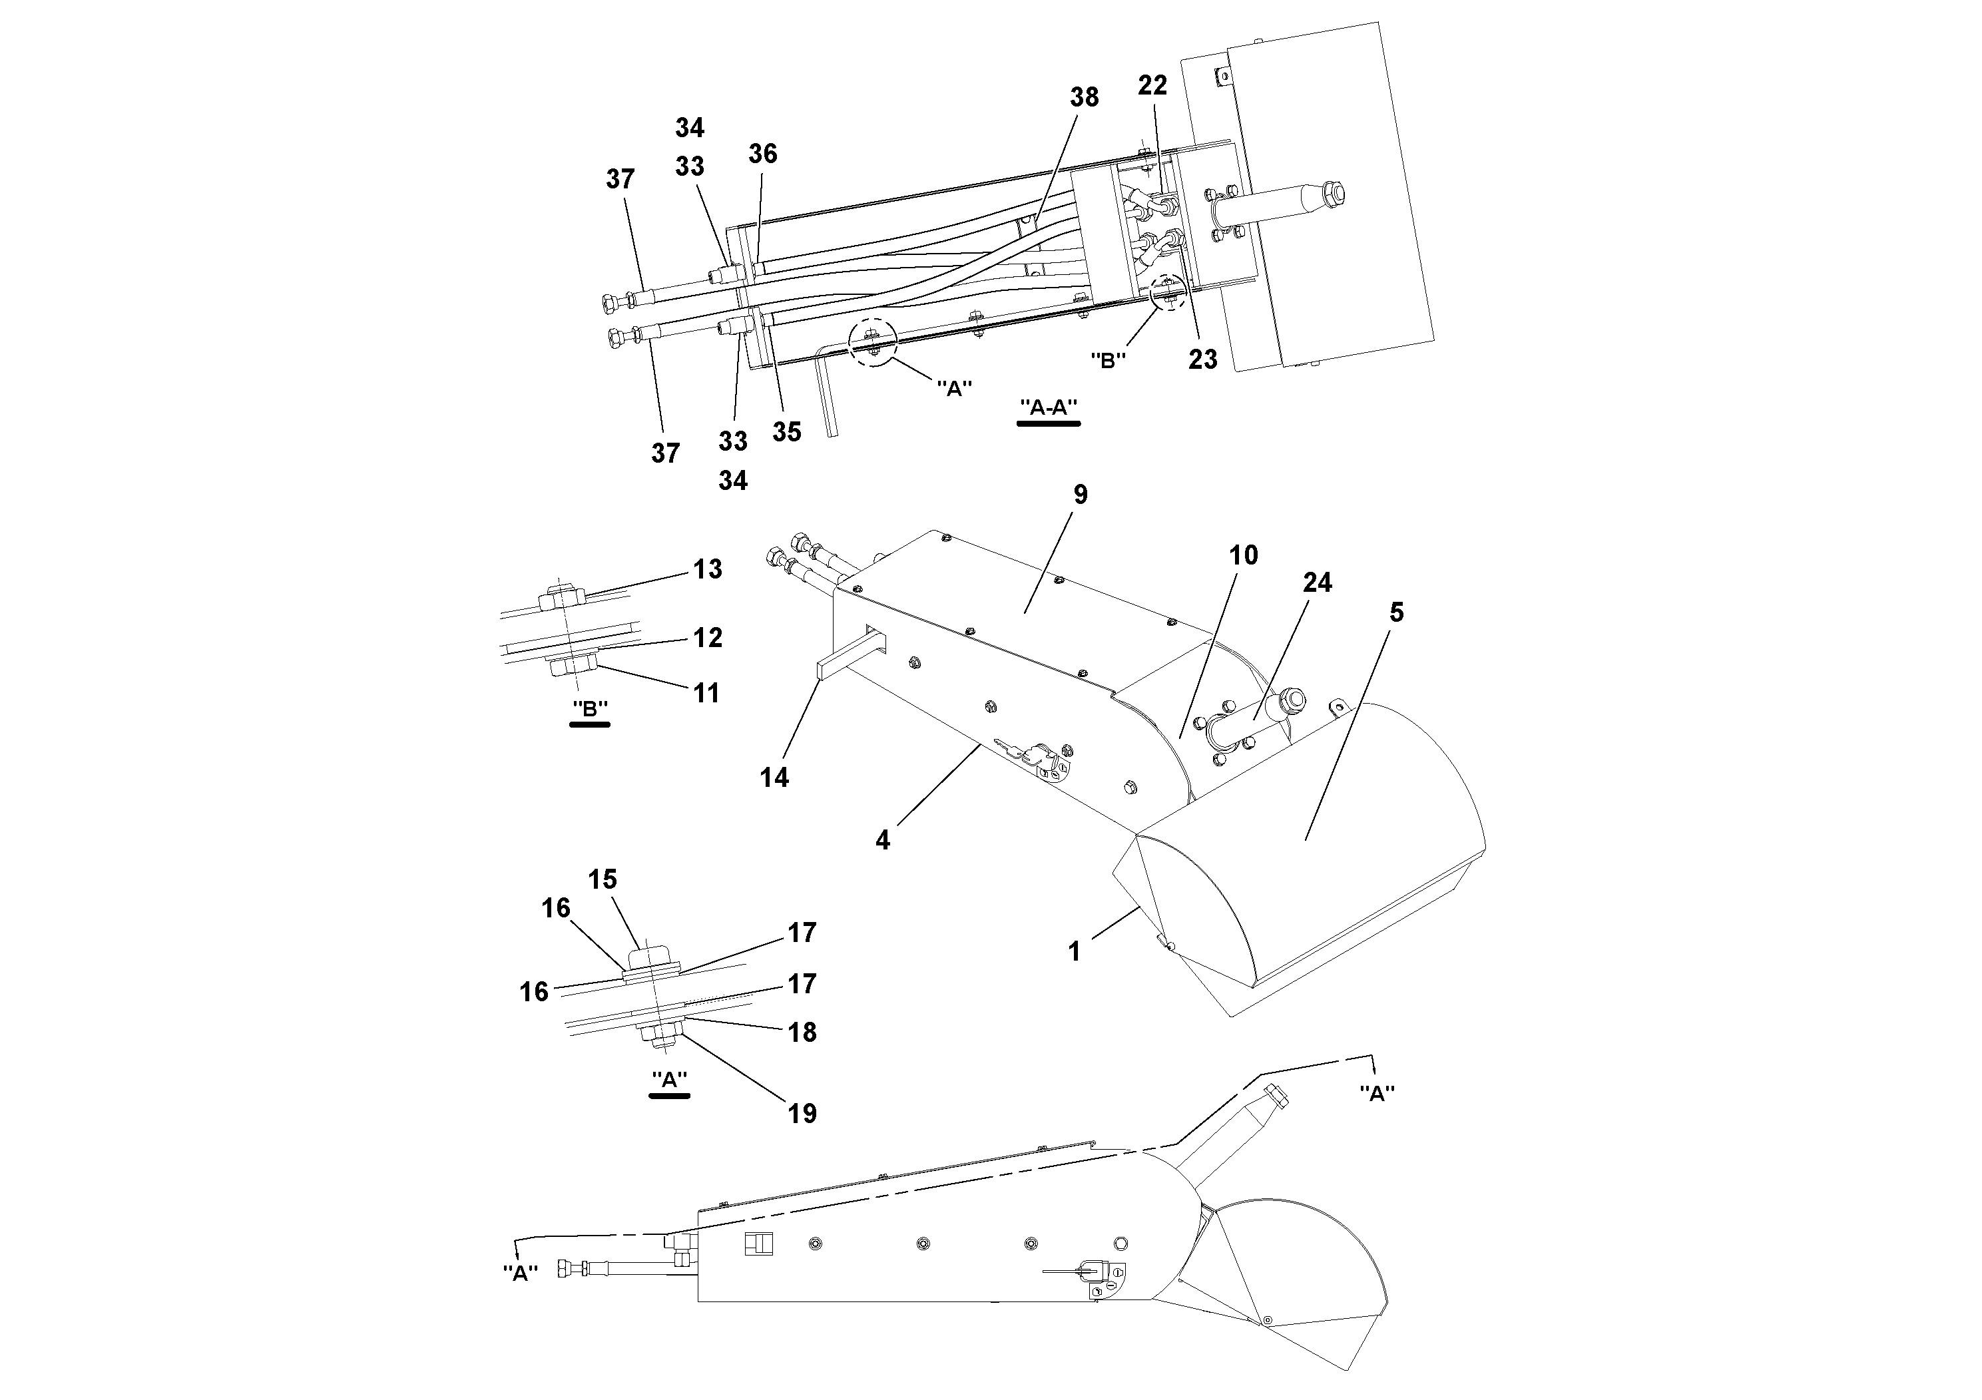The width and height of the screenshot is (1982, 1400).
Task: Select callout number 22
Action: point(1152,85)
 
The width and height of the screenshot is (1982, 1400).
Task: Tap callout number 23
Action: point(1202,359)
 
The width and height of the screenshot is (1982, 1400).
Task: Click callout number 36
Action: point(762,154)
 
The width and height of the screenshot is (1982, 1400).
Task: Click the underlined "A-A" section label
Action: point(1048,407)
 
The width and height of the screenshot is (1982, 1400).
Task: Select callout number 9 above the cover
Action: point(1080,495)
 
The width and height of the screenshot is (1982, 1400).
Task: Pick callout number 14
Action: point(774,778)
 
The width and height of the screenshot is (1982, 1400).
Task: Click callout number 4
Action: point(881,840)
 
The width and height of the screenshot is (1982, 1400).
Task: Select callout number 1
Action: point(1074,951)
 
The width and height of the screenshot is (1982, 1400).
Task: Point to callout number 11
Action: point(706,692)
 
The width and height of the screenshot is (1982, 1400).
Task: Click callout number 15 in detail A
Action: point(603,879)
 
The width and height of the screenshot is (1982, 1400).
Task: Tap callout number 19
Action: point(802,1114)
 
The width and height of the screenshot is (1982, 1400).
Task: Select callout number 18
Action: point(802,1033)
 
